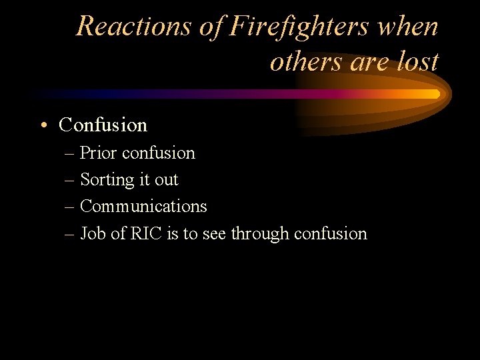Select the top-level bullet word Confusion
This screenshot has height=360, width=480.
point(103,125)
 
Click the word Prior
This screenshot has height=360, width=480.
point(97,153)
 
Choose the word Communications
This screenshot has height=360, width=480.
point(143,207)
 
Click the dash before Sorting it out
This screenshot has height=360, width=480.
point(71,181)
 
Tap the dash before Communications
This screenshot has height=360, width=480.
point(71,207)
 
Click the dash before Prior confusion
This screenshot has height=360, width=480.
point(71,154)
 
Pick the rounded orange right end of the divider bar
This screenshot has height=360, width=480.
point(437,94)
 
